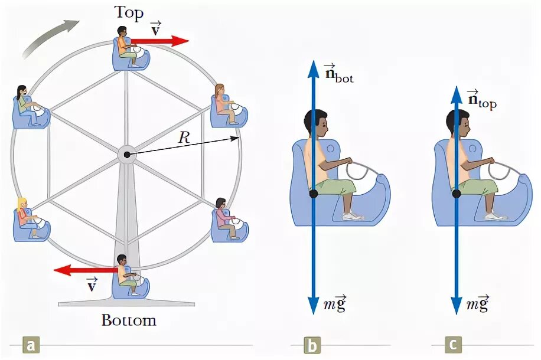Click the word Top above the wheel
point(129,12)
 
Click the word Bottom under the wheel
point(129,320)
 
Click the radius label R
point(187,138)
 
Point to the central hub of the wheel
point(126,155)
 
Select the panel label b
point(312,344)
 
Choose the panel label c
point(453,344)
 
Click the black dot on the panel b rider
point(314,193)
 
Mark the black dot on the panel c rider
point(456,193)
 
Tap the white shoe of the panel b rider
point(353,216)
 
